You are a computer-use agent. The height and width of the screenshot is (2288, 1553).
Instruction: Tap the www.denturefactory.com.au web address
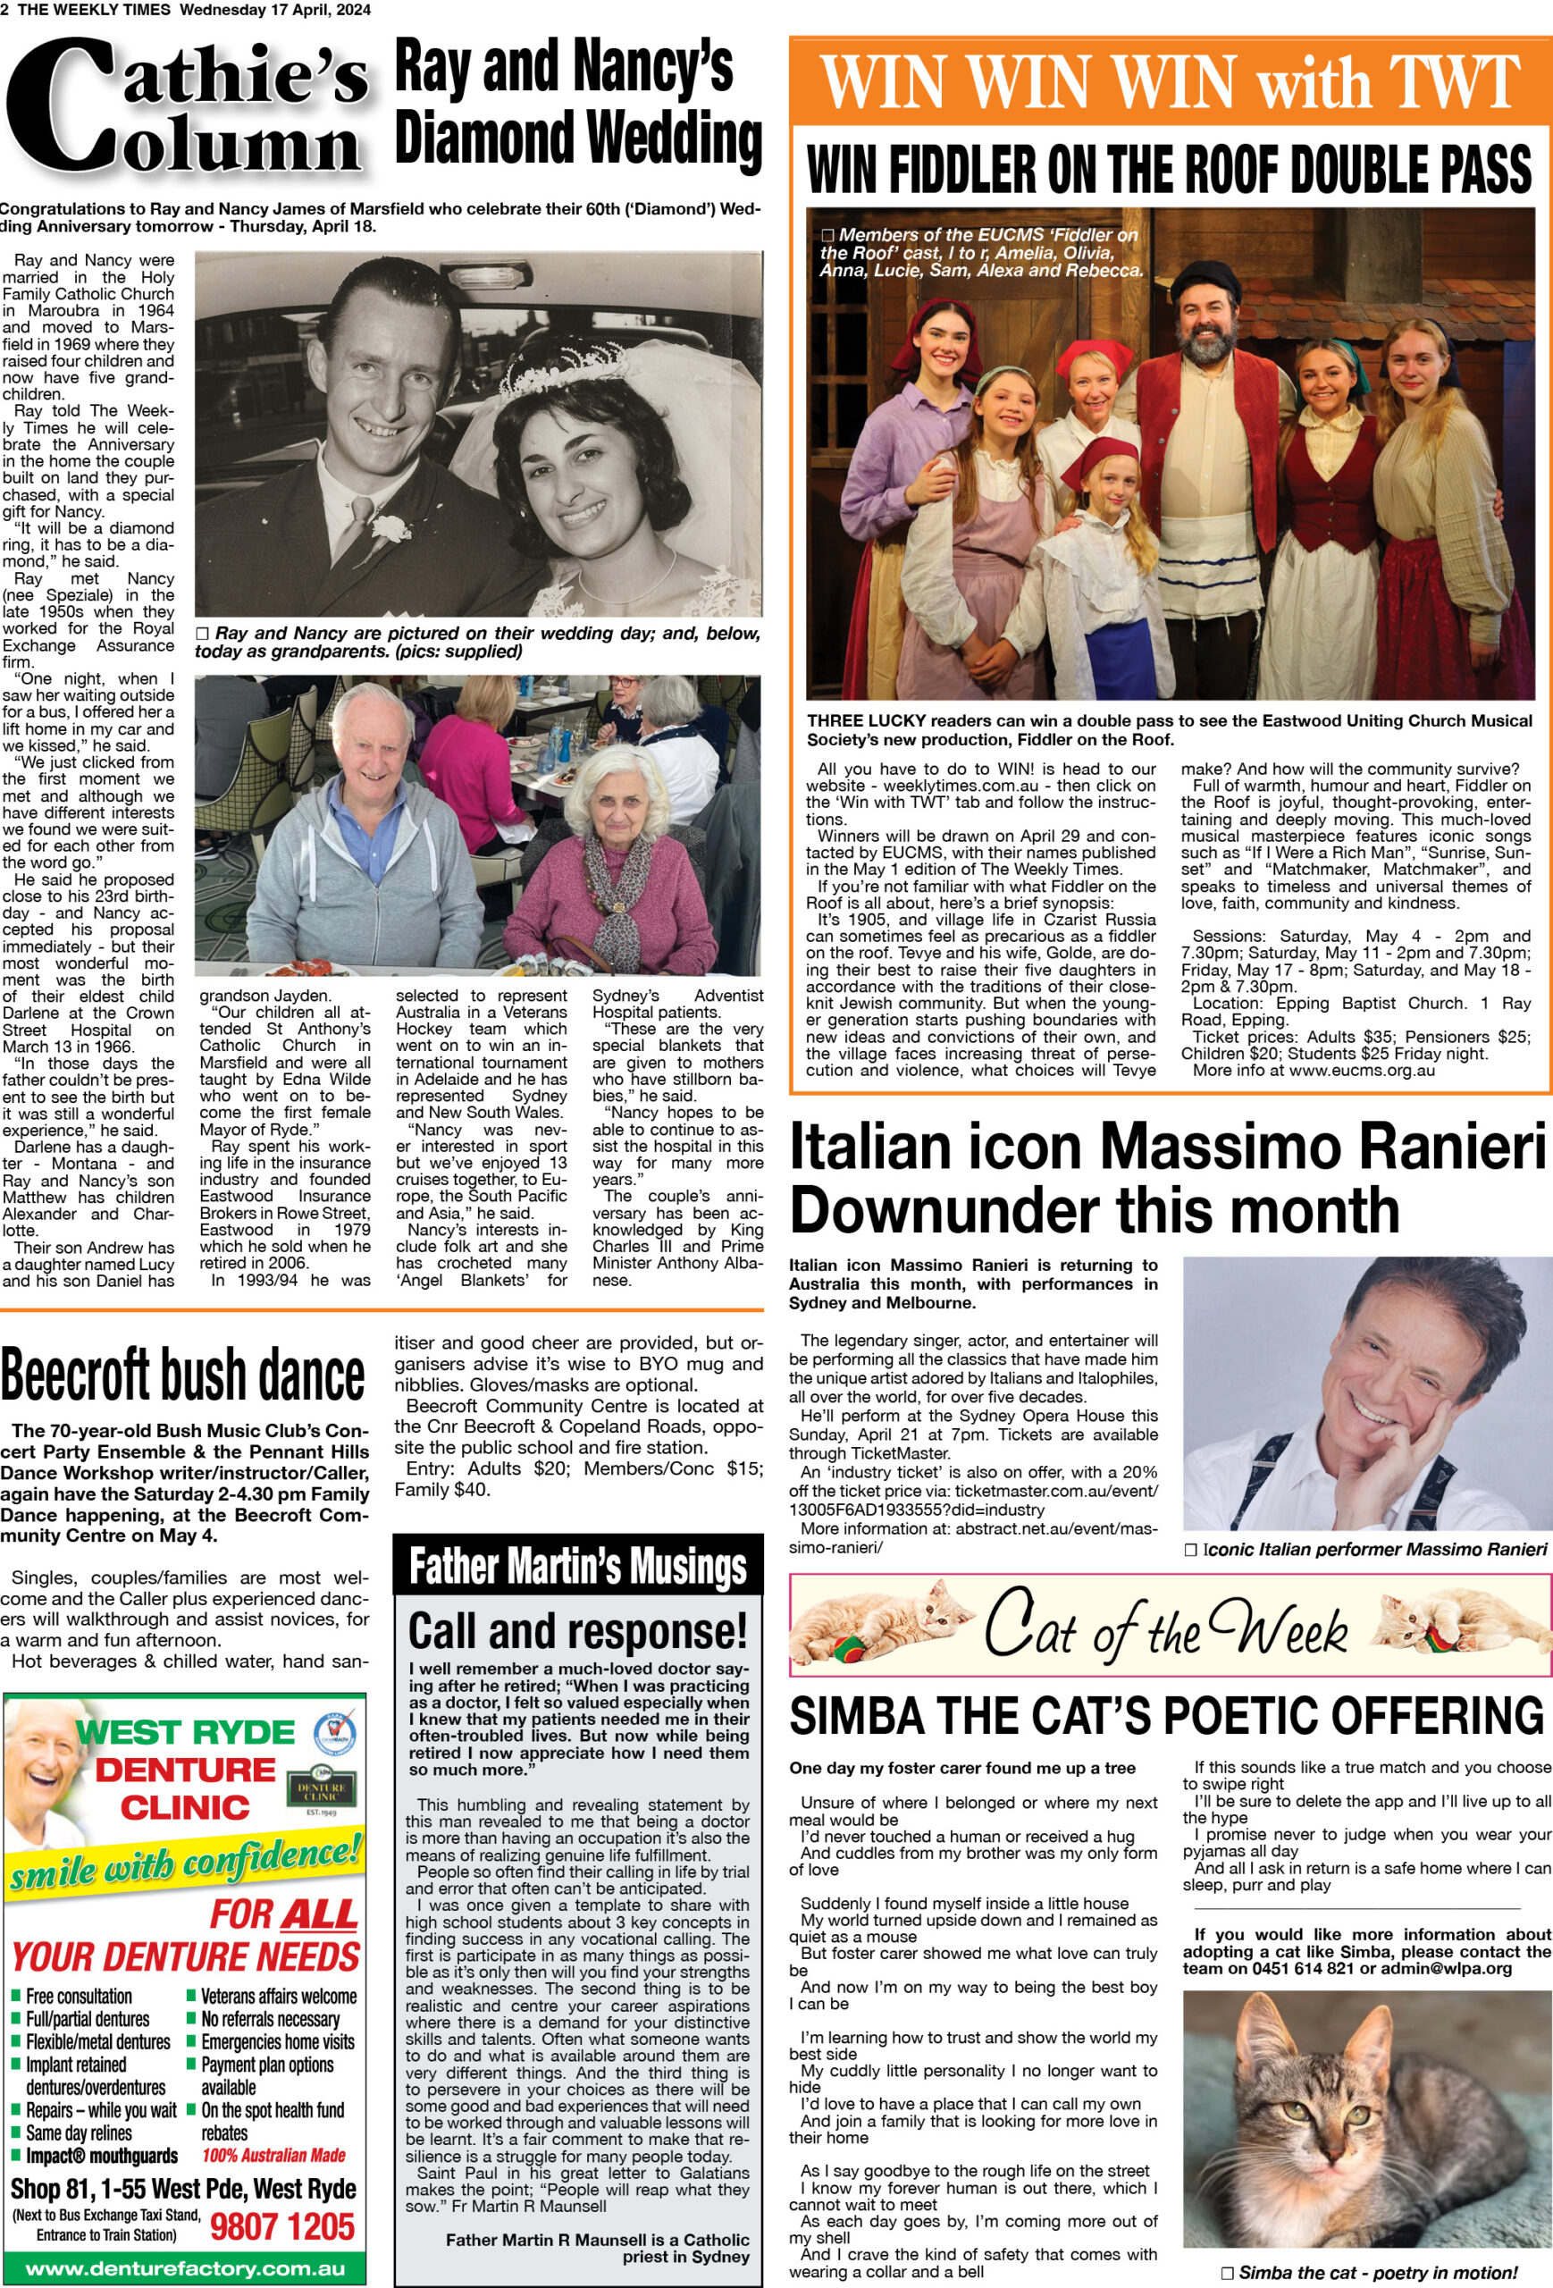coord(186,2268)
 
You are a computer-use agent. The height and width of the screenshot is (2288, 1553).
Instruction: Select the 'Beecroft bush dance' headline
coord(183,1375)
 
